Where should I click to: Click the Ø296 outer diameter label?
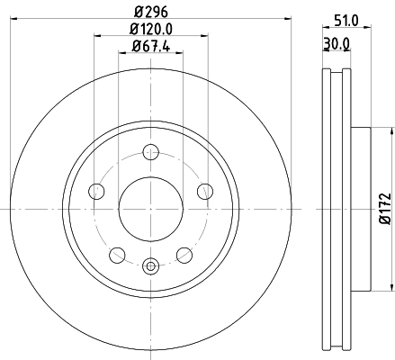click(149, 12)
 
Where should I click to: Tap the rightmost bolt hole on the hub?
click(204, 190)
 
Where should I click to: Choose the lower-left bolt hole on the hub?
click(117, 254)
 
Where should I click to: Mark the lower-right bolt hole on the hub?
click(184, 254)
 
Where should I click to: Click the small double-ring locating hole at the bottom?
click(150, 265)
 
